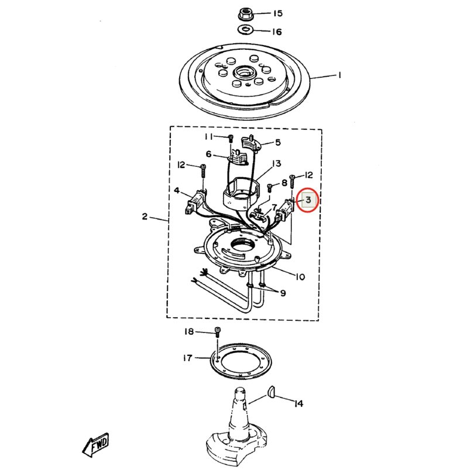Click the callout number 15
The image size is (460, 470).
(277, 13)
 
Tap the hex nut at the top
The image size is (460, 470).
(245, 14)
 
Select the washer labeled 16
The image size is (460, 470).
(245, 30)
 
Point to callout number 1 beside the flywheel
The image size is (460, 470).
(339, 75)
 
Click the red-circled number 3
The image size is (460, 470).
(308, 200)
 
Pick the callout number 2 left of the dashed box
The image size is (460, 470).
(145, 216)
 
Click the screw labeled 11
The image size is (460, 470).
(231, 139)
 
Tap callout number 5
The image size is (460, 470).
(278, 142)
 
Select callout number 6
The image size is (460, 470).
(208, 154)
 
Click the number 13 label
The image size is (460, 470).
(276, 164)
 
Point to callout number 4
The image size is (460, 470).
(177, 190)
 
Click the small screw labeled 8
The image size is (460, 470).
(269, 188)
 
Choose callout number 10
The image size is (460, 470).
(300, 276)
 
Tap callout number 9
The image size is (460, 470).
(283, 293)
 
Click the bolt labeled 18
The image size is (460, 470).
(217, 331)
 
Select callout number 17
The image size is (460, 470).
(188, 358)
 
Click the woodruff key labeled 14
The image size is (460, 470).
(271, 392)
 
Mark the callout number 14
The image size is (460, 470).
(298, 403)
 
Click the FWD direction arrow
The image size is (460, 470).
(95, 445)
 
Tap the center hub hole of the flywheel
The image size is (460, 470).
(244, 72)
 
